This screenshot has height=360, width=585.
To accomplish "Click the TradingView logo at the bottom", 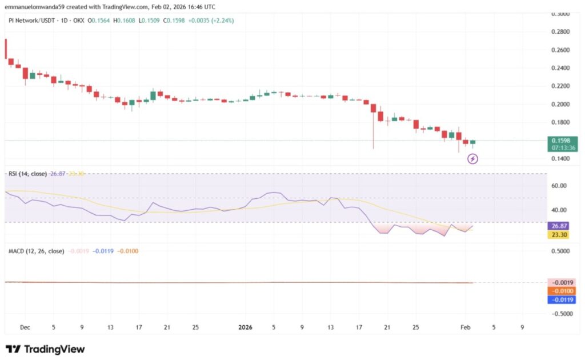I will pos(45,349).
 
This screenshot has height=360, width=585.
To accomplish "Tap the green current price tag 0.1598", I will pos(562,141).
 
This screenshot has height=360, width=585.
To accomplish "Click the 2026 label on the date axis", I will pos(245,327).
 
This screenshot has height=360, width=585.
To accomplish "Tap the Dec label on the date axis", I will pos(25,327).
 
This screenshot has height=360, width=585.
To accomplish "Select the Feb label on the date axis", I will pos(466,327).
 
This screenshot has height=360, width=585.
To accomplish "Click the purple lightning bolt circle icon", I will pos(472,158).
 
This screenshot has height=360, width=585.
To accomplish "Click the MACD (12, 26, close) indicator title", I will pos(36,251).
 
